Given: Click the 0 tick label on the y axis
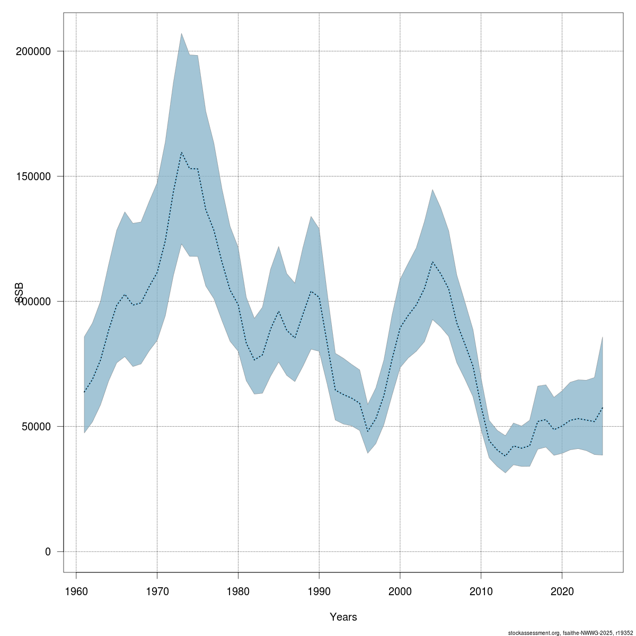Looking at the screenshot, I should tap(48, 552).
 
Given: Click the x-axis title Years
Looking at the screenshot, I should tap(343, 617).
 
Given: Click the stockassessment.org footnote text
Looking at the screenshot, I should tap(570, 632).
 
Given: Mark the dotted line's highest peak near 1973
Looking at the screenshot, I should tap(181, 153).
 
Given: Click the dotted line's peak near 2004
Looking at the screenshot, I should tap(432, 262).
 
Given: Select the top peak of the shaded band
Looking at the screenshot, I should tap(181, 33).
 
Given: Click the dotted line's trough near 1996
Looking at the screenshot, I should tap(368, 432).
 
